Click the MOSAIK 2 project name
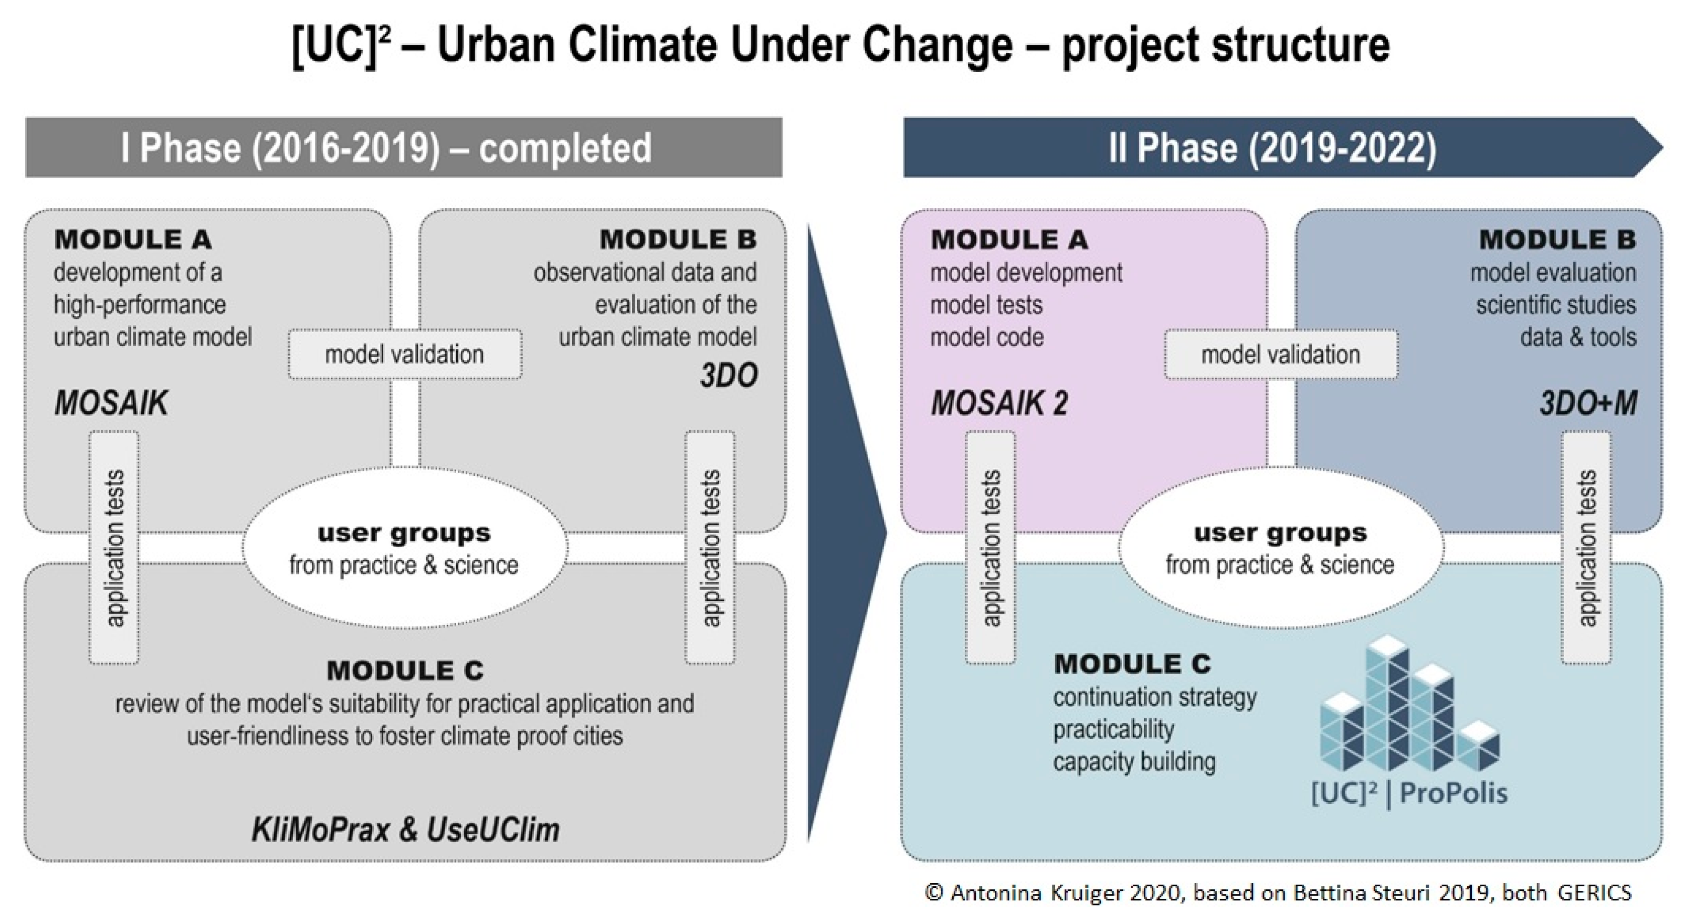click(999, 402)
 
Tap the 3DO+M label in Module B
click(1587, 402)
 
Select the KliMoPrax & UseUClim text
click(405, 830)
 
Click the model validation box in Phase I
click(404, 354)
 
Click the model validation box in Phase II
click(1281, 354)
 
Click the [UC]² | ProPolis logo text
click(1408, 793)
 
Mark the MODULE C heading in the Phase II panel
click(1132, 664)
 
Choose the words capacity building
click(1134, 762)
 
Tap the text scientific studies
click(1556, 304)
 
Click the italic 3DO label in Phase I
click(728, 376)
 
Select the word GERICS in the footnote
click(1594, 893)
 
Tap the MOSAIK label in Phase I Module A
click(111, 402)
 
